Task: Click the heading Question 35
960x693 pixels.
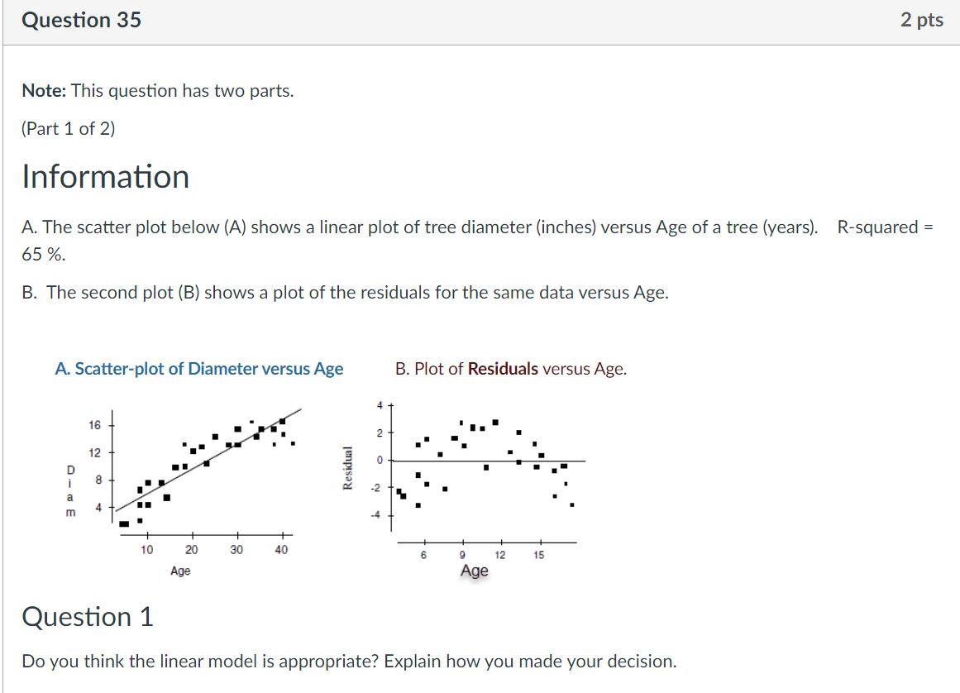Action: (81, 20)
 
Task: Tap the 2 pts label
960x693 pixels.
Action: (921, 20)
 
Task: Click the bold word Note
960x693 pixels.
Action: (44, 91)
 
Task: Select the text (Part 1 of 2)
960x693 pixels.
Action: (69, 129)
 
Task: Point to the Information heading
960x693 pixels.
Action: (105, 177)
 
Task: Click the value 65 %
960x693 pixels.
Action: (43, 255)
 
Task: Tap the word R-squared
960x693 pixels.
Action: (877, 227)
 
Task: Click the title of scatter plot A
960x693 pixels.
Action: (198, 369)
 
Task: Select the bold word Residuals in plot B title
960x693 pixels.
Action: (503, 369)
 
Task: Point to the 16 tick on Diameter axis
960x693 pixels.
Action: (94, 425)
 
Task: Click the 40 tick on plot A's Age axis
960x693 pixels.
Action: (281, 550)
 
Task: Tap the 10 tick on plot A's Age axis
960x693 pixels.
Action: (146, 550)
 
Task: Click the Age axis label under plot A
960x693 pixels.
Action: (180, 571)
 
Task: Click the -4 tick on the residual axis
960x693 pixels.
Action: (375, 514)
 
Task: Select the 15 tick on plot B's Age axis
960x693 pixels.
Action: (539, 555)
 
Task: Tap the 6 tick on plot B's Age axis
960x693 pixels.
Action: (423, 555)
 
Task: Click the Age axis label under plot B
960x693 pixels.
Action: (474, 571)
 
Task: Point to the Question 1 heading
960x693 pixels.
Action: (88, 617)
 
